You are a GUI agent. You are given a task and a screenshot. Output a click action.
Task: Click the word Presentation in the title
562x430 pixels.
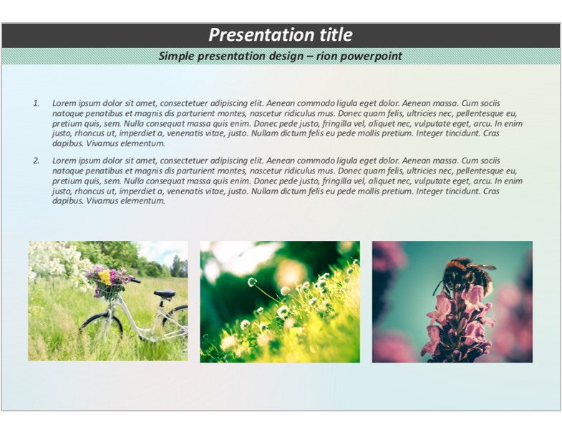(x=256, y=35)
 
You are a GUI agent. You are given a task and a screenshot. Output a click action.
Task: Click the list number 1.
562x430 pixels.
(x=37, y=103)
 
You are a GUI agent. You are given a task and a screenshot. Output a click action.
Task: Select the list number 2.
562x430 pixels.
(x=37, y=161)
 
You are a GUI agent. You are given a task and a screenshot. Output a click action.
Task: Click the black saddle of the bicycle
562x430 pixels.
(x=165, y=294)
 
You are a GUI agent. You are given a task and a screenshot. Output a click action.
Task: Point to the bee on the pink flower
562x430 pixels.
(x=464, y=274)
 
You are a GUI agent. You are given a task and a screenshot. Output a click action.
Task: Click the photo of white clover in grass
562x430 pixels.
(x=280, y=302)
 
